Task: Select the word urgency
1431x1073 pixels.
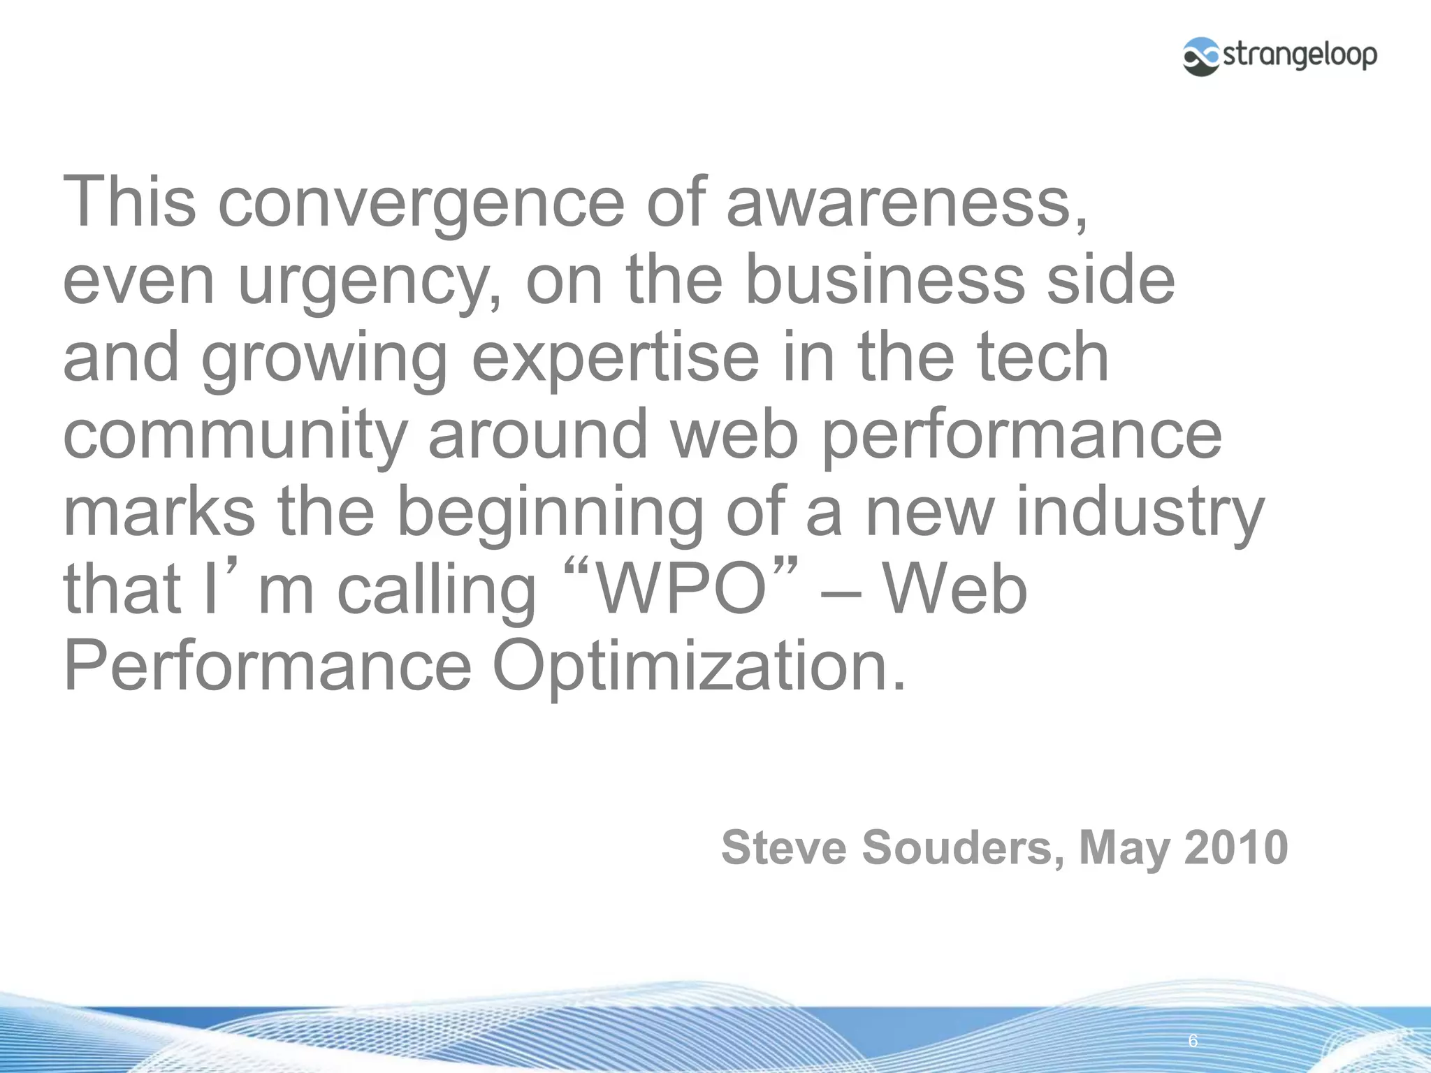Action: [369, 281]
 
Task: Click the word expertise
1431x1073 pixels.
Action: [616, 358]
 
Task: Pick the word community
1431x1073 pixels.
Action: [234, 435]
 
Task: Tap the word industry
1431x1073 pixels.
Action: [1140, 513]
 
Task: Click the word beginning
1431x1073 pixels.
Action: [550, 513]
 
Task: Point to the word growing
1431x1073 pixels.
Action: [325, 358]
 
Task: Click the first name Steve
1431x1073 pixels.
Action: [783, 847]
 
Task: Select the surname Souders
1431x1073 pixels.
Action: [964, 847]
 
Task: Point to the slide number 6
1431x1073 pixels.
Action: [1193, 1041]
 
